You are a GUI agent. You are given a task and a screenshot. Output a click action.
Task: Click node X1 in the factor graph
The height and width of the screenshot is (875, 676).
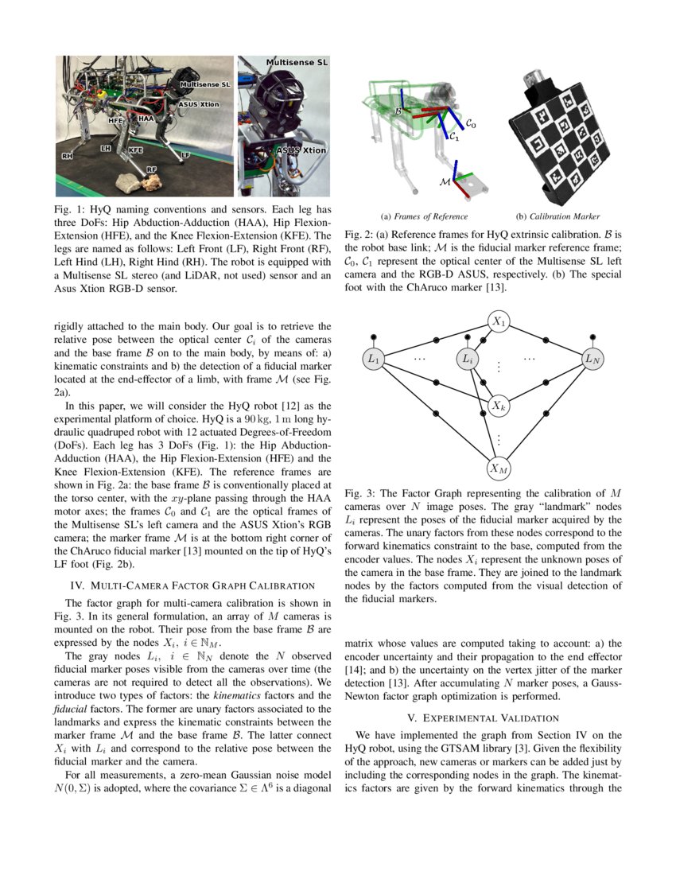pyautogui.click(x=499, y=321)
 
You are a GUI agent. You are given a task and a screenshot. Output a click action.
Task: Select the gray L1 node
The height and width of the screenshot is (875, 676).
pyautogui.click(x=374, y=360)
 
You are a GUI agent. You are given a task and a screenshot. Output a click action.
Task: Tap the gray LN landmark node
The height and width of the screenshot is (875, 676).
pyautogui.click(x=592, y=360)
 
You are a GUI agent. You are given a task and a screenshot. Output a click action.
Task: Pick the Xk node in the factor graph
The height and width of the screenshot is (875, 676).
pyautogui.click(x=499, y=406)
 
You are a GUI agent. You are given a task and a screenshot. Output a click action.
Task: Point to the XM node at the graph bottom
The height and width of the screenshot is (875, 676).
pyautogui.click(x=499, y=469)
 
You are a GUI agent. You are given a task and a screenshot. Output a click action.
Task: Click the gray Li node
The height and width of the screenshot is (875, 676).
pyautogui.click(x=469, y=360)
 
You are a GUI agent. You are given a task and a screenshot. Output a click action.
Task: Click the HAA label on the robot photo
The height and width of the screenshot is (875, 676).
pyautogui.click(x=146, y=118)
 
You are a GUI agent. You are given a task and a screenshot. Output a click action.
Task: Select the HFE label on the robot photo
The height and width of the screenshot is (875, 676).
pyautogui.click(x=117, y=121)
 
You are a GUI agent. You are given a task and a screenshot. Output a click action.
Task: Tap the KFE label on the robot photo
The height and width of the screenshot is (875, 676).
pyautogui.click(x=136, y=149)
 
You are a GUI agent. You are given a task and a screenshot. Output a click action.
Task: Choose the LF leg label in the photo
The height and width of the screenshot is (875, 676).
pyautogui.click(x=185, y=153)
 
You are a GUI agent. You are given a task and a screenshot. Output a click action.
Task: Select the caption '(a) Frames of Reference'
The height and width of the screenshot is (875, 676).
pyautogui.click(x=424, y=216)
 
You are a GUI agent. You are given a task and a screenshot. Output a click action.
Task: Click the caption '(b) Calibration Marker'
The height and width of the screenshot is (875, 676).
pyautogui.click(x=558, y=216)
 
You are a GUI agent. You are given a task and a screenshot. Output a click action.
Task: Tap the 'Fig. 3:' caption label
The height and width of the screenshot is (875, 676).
pyautogui.click(x=359, y=494)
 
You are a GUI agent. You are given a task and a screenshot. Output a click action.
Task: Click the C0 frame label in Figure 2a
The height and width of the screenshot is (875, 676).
pyautogui.click(x=471, y=124)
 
